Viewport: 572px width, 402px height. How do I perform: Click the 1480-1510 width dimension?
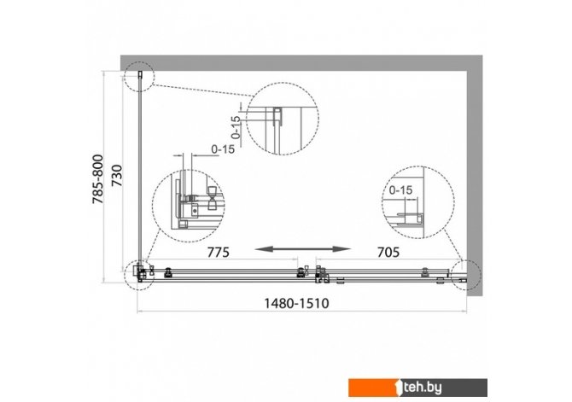(296, 303)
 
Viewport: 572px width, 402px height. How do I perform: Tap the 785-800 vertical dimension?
(98, 179)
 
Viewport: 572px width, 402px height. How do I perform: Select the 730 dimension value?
(117, 176)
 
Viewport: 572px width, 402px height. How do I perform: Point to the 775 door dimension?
(219, 252)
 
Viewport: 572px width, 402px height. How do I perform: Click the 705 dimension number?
(388, 252)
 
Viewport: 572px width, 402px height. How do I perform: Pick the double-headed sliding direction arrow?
(302, 249)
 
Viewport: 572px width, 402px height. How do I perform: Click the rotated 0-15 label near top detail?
(236, 127)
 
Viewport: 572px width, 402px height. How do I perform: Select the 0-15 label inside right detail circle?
(400, 190)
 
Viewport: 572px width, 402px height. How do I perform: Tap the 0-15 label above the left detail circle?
(223, 149)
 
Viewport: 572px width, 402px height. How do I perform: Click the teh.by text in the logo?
(423, 387)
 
